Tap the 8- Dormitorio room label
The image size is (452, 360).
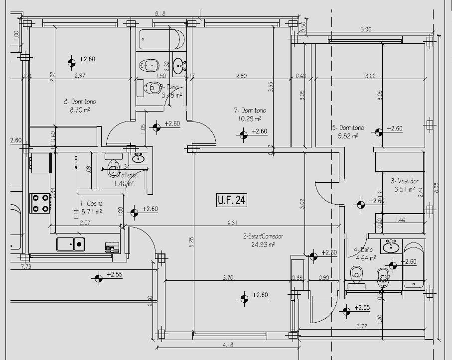80,102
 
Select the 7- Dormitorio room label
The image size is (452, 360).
250,110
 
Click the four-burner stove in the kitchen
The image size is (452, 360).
40,203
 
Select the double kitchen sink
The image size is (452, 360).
70,244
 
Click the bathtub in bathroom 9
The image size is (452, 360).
161,39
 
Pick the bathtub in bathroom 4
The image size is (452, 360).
414,265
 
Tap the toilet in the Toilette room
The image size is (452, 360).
113,169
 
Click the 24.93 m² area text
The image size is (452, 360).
264,244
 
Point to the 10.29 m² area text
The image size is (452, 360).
250,119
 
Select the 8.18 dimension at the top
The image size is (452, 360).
159,14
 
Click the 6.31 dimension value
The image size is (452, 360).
231,222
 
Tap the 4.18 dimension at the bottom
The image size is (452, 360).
229,345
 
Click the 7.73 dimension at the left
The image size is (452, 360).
26,267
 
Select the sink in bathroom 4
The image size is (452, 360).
391,245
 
